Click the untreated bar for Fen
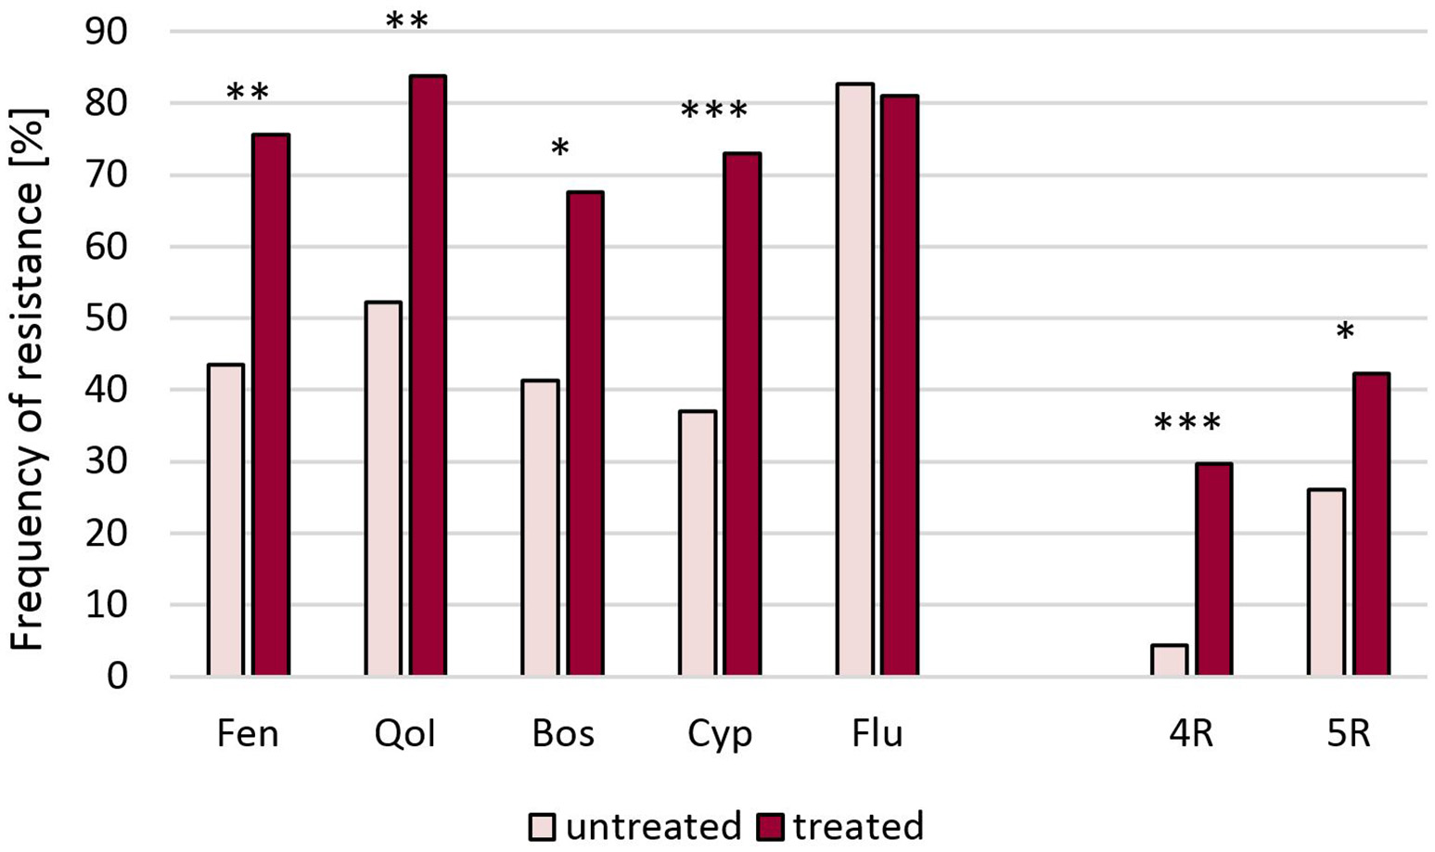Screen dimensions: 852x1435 coord(225,520)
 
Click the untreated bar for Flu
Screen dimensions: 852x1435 coord(854,380)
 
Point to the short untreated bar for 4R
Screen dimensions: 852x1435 coord(1169,660)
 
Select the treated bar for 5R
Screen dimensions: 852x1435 coord(1370,524)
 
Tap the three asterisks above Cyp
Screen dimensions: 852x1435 coord(713,112)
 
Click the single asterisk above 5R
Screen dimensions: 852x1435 coord(1345,333)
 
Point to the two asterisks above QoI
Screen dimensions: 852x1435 coord(406,21)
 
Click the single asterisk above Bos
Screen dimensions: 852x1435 coord(559,148)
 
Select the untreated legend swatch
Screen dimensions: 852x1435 coord(542,827)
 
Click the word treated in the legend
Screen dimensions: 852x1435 coord(857,826)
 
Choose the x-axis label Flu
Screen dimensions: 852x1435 coord(877,734)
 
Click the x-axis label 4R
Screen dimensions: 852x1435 coord(1190,734)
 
